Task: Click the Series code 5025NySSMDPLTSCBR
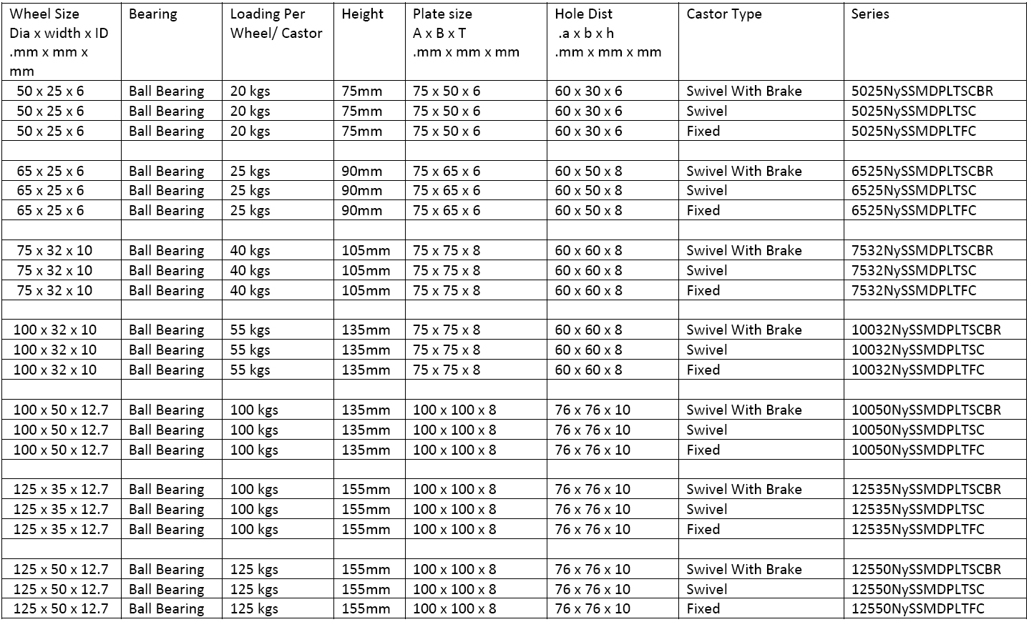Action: coord(922,91)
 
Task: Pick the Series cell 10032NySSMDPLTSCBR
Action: coord(926,330)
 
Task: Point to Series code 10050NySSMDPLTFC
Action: coord(917,450)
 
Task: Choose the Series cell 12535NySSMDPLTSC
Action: coord(917,509)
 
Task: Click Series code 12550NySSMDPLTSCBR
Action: coord(926,569)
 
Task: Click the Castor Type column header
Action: coord(723,14)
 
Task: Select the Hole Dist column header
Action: coord(583,14)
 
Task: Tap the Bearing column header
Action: coord(152,14)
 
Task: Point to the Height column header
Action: coord(362,14)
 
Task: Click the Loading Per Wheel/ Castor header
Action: coord(276,24)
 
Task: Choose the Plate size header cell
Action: coord(442,14)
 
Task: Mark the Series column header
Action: coord(870,14)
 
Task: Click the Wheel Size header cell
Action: coord(44,14)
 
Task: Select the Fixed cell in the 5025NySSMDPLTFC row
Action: coord(703,131)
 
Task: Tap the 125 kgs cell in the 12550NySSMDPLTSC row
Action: coord(253,589)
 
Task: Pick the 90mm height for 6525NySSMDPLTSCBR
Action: coord(361,171)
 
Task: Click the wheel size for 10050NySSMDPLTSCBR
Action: coord(61,410)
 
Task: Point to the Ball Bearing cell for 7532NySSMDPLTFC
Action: coord(166,290)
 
